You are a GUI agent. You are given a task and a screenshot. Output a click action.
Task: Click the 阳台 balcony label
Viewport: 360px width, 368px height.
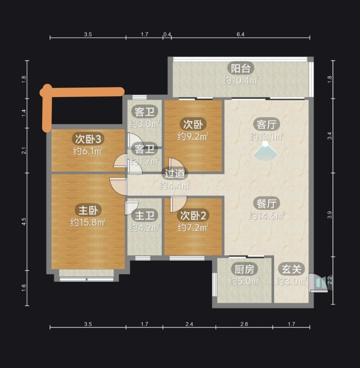(241, 68)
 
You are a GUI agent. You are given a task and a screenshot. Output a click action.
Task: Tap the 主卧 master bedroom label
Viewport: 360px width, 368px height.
(88, 210)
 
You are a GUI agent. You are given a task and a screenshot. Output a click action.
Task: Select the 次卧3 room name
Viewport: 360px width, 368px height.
(88, 139)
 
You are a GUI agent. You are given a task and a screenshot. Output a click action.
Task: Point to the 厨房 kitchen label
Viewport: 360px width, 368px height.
(244, 269)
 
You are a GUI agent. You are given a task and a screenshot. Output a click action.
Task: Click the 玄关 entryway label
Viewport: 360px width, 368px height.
(291, 269)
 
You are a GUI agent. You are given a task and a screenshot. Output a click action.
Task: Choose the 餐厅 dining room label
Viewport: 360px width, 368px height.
(266, 203)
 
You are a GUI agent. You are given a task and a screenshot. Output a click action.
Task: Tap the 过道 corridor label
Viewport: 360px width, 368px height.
(174, 174)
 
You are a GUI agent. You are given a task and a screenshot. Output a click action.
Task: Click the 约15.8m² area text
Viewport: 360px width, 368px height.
(88, 222)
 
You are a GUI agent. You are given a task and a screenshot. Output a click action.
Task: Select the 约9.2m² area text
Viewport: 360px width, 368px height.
(193, 136)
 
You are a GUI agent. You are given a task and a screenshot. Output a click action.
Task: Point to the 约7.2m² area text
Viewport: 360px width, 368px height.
(193, 227)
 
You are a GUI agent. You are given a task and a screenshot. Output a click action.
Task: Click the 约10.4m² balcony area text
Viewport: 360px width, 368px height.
(241, 80)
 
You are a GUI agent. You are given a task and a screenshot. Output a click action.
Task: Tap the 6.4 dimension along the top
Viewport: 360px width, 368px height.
(240, 34)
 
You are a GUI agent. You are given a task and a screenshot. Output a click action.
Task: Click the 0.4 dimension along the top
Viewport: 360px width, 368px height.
(167, 34)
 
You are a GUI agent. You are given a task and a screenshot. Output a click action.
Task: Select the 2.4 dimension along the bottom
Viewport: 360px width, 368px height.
(189, 324)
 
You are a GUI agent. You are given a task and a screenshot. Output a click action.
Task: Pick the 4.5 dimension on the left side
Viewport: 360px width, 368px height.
(24, 221)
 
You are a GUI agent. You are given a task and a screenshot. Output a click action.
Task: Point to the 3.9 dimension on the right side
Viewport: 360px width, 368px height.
(329, 215)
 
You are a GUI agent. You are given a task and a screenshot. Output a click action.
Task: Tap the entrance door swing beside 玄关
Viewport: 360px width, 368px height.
(318, 283)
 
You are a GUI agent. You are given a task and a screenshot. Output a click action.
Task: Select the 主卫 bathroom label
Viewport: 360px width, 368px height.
(144, 215)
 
